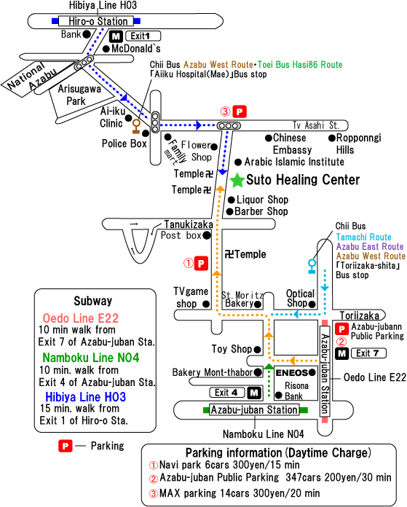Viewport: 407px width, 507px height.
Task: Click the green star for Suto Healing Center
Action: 237,180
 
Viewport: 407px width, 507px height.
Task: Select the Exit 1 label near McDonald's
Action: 143,36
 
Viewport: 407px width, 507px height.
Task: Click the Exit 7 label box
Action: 368,353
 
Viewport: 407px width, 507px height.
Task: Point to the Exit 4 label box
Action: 227,393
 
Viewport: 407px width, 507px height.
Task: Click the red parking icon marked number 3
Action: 240,112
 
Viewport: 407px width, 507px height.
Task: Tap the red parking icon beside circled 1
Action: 201,264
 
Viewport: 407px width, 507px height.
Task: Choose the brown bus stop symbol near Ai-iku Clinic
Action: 136,127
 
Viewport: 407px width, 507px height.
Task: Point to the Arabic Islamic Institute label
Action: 294,162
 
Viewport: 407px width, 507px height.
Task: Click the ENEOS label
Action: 291,373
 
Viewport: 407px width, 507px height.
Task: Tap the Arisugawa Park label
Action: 79,95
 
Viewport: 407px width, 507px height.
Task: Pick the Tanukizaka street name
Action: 189,224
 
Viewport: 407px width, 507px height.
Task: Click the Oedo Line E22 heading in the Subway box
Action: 81,318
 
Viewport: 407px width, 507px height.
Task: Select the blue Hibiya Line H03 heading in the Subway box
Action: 85,397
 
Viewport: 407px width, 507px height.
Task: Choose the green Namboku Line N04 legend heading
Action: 91,357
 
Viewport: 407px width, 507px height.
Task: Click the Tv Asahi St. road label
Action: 316,125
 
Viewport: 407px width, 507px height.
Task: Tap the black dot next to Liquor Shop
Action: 231,200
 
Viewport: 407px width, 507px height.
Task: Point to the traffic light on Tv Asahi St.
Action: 229,125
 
